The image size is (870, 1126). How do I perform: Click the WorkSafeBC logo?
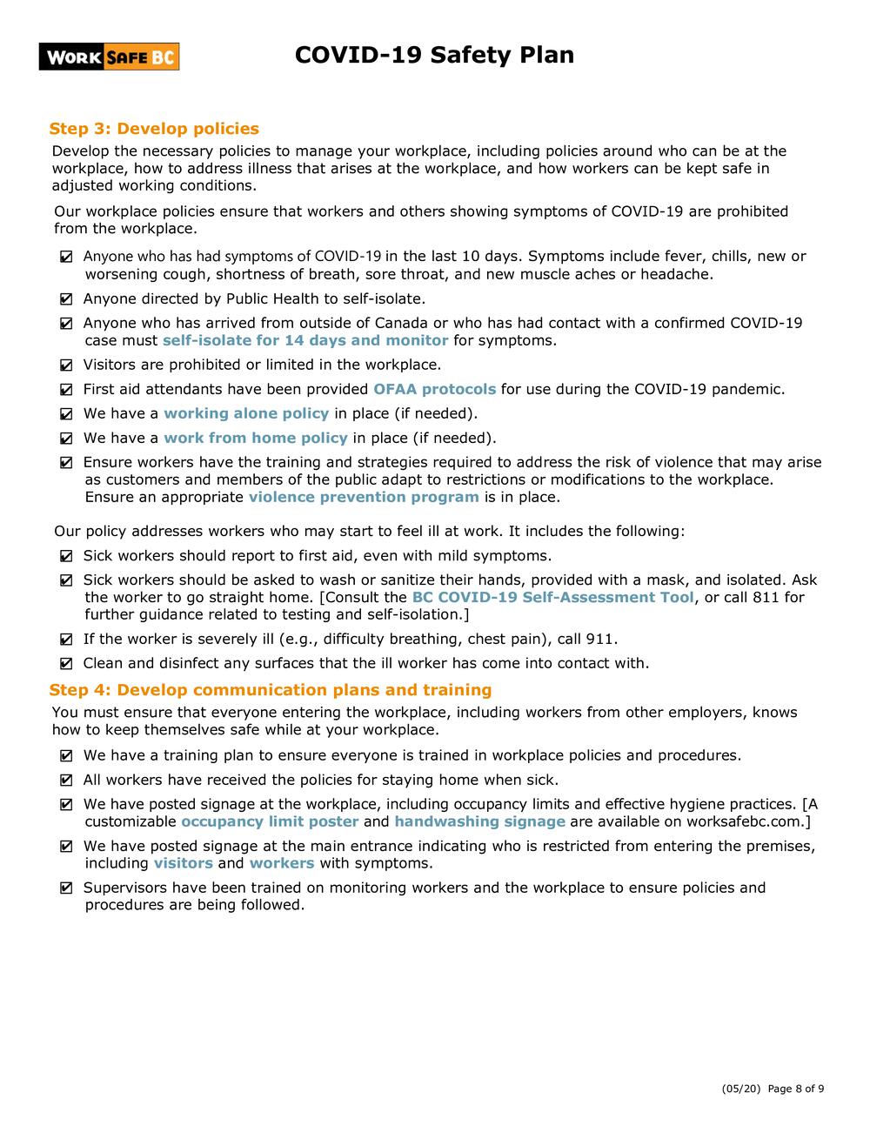[x=109, y=57]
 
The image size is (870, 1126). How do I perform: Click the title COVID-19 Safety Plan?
[x=434, y=55]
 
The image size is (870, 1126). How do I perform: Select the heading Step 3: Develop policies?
[x=154, y=129]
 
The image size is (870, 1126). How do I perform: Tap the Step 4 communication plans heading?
[x=271, y=690]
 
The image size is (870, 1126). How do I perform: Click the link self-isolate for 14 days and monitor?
[x=305, y=340]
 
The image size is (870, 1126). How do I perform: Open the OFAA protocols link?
[x=434, y=389]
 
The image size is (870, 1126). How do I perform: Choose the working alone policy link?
[x=246, y=413]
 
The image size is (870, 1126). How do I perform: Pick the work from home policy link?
[x=255, y=438]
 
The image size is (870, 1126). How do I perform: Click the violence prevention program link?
[x=364, y=497]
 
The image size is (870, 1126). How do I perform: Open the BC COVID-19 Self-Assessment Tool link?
[x=552, y=597]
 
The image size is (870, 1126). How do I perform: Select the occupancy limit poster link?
[x=270, y=821]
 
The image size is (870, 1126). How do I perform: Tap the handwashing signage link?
[x=479, y=821]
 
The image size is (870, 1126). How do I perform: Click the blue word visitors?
[x=183, y=863]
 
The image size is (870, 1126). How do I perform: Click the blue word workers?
[x=281, y=863]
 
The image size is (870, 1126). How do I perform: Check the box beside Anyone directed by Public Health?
[x=67, y=299]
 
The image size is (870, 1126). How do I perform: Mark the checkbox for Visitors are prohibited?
[x=67, y=365]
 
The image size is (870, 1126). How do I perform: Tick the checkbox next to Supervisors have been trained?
[x=67, y=888]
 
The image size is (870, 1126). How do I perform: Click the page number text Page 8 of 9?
[x=796, y=1089]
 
